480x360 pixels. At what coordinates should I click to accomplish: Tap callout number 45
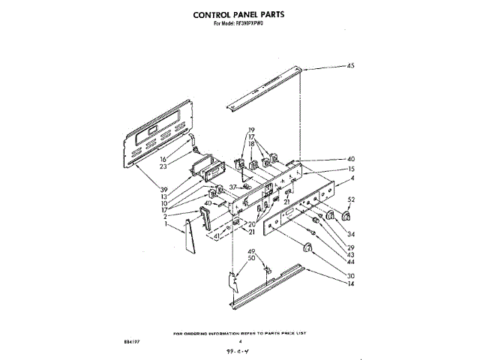[x=350, y=67]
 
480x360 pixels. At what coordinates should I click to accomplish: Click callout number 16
[x=162, y=159]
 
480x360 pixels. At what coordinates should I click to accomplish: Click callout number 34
[x=351, y=234]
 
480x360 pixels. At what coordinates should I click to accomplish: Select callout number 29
[x=351, y=247]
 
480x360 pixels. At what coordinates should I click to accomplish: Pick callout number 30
[x=351, y=275]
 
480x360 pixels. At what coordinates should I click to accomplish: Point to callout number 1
[x=166, y=223]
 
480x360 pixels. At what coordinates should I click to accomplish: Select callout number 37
[x=232, y=187]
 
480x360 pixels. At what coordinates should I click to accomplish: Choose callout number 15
[x=351, y=169]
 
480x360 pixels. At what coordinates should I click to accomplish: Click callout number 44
[x=351, y=261]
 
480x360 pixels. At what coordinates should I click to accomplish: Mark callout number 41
[x=217, y=236]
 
